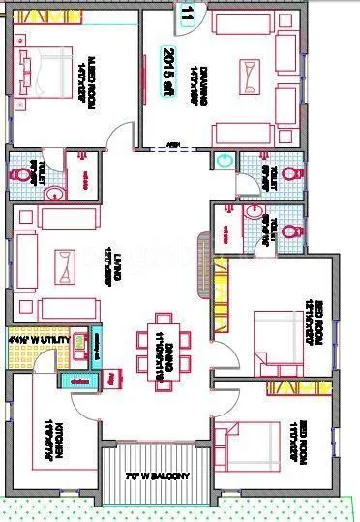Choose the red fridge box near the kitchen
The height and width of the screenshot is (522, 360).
point(114,377)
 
